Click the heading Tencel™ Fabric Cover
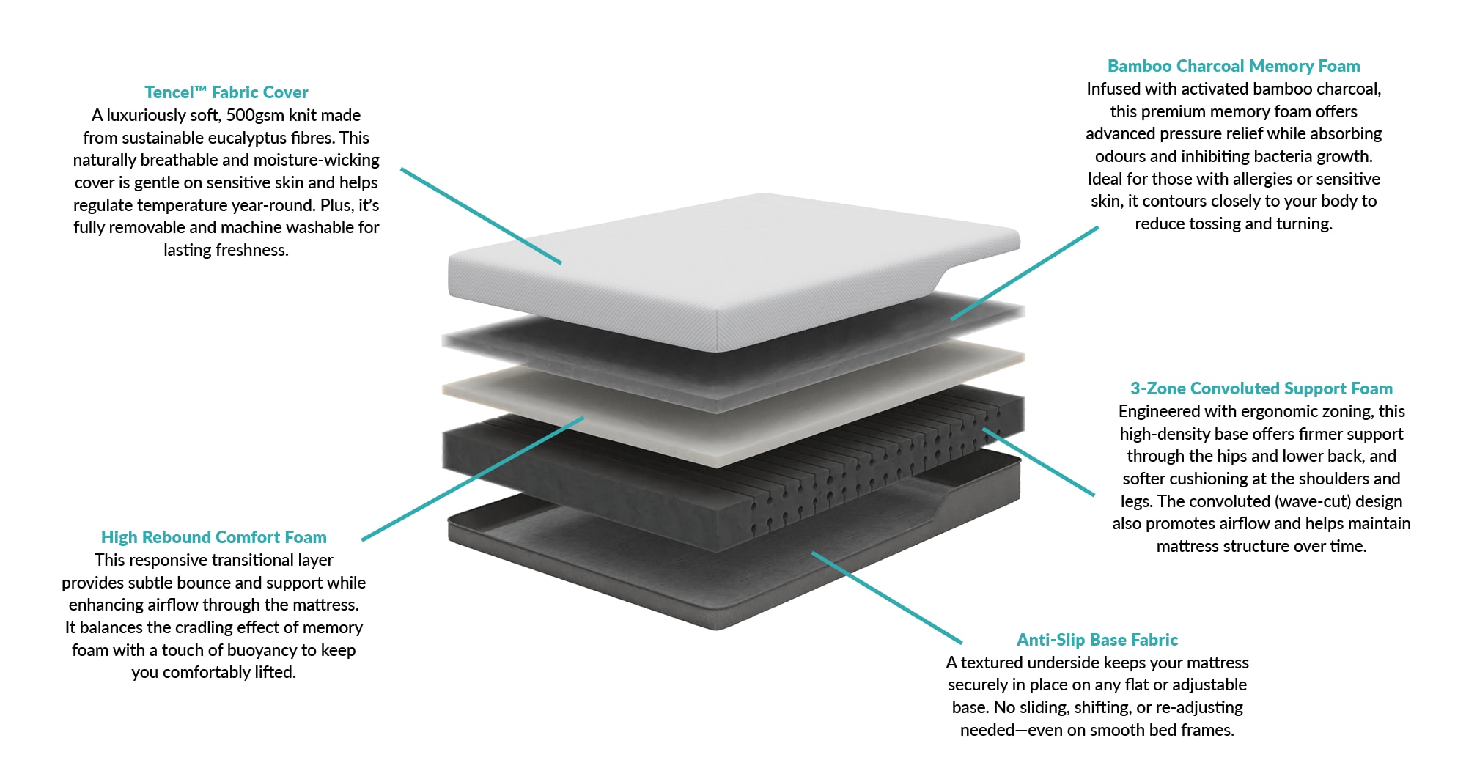coord(226,92)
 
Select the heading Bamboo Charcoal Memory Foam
coord(1234,66)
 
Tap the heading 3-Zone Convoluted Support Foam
coord(1261,388)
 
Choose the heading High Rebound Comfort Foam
coord(213,537)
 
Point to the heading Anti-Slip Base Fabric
coord(1097,640)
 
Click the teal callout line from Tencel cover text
coord(481,215)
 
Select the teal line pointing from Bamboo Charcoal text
coord(1025,273)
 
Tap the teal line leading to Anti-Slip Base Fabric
coord(887,597)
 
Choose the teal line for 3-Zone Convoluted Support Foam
coord(1039,462)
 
